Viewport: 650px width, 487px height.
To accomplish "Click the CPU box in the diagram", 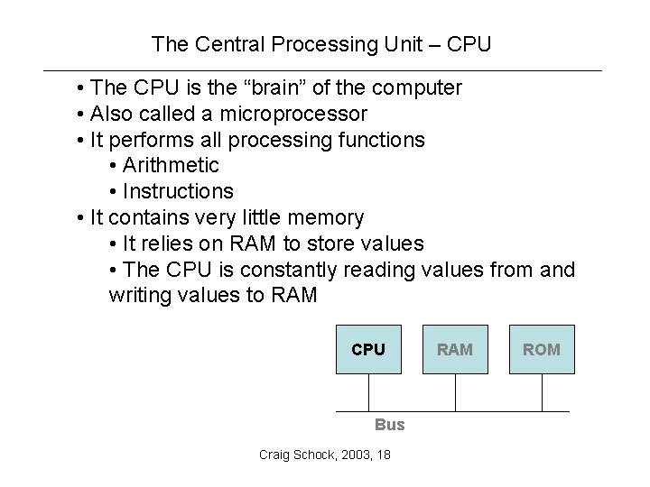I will coord(368,349).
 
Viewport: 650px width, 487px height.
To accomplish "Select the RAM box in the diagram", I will coord(455,349).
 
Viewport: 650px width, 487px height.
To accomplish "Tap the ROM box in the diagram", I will coord(542,349).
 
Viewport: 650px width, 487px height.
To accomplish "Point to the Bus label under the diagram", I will coord(390,425).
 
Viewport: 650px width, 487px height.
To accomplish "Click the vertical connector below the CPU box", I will coord(368,392).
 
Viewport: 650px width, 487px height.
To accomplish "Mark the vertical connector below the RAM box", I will coord(455,392).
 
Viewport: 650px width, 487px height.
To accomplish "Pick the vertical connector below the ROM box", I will coord(542,392).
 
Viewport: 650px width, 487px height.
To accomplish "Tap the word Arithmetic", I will coord(171,166).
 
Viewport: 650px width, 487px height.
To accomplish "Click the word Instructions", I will coord(178,191).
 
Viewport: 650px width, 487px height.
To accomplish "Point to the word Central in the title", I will coord(222,43).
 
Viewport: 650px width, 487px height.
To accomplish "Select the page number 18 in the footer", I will coord(385,455).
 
